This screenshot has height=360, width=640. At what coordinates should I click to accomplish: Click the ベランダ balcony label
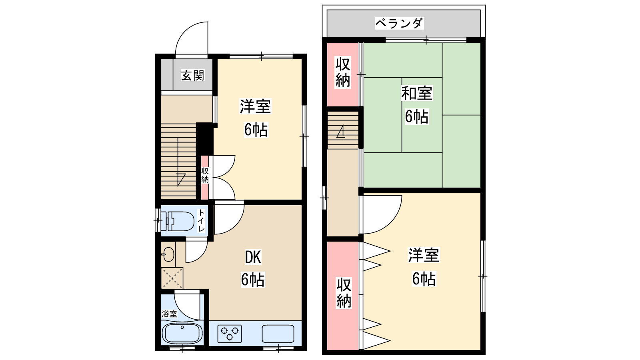(399, 24)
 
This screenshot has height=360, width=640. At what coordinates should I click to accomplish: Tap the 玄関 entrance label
(193, 76)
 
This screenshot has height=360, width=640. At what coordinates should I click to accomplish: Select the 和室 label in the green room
(416, 93)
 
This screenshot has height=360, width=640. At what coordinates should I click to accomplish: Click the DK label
(253, 257)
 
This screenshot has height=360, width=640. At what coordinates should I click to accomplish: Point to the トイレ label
(202, 220)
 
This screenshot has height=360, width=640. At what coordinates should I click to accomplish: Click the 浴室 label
(169, 314)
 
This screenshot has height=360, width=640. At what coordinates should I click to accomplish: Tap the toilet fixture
(177, 221)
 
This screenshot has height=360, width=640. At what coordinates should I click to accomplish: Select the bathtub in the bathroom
(182, 334)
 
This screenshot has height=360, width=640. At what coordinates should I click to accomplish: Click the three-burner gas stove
(230, 334)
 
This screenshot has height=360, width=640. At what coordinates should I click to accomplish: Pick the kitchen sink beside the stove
(278, 334)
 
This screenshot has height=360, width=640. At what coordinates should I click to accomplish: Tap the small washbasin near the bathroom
(168, 254)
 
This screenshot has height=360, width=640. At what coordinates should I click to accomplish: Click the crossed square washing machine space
(172, 278)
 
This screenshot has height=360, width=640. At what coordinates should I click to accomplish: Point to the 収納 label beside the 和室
(342, 72)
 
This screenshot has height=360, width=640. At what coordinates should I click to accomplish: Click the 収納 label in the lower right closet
(344, 292)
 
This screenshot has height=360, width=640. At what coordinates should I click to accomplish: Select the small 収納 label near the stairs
(205, 175)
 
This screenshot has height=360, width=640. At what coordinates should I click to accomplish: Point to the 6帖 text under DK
(253, 280)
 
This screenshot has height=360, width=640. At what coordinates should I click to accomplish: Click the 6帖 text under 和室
(416, 116)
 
